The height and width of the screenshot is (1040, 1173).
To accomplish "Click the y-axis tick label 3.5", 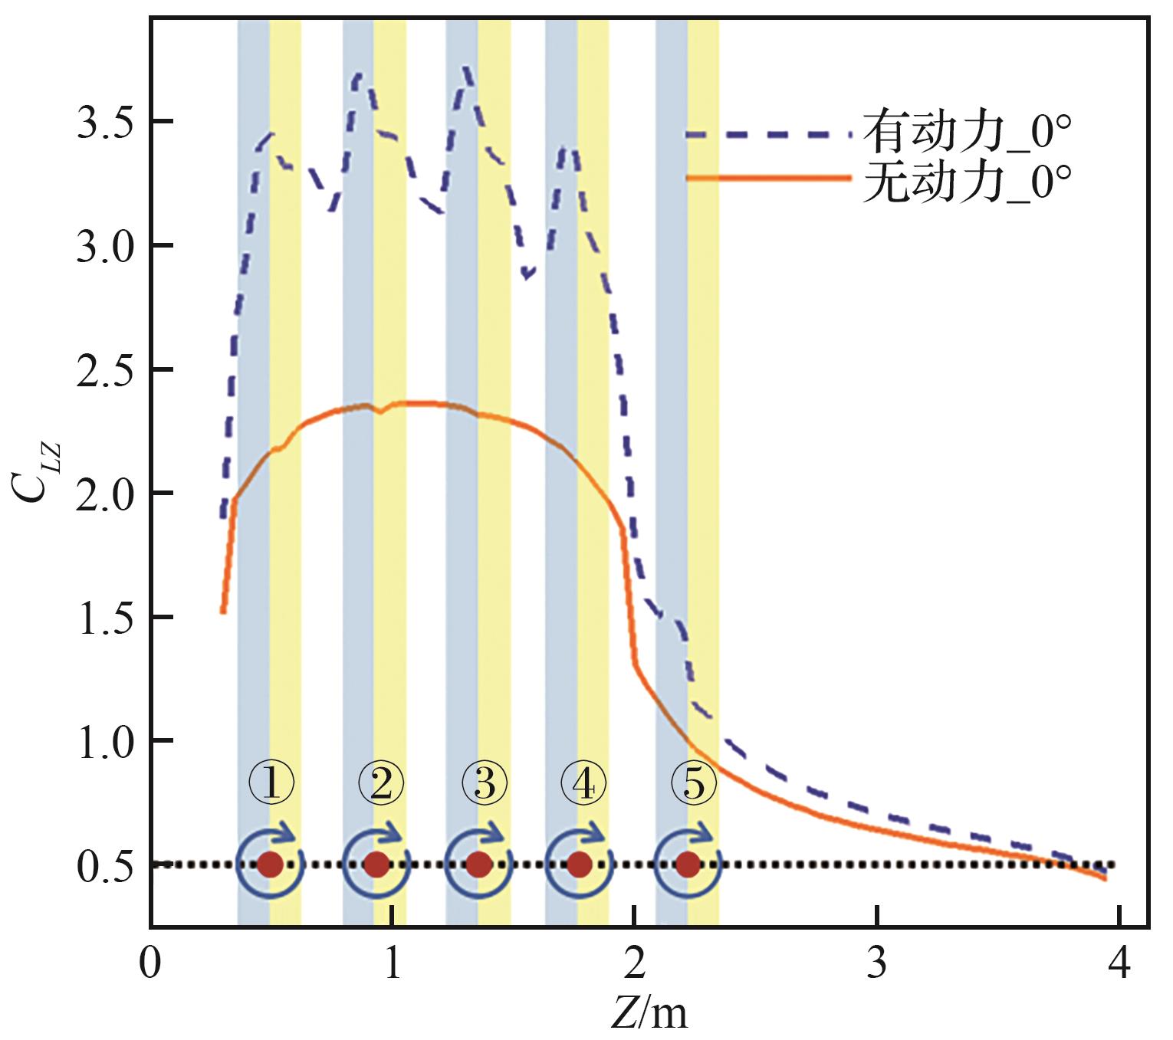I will click(x=104, y=123).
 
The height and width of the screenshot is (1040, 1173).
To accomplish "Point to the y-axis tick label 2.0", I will click(x=104, y=494).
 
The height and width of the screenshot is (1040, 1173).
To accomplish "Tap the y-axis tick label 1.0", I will click(x=104, y=741).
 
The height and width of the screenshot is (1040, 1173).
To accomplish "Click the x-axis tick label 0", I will click(x=151, y=963).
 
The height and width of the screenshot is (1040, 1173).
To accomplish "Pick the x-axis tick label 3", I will click(x=876, y=963).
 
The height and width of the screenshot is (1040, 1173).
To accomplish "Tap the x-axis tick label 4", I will click(x=1119, y=963).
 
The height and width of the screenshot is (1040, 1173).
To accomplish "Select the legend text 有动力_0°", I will click(x=967, y=133).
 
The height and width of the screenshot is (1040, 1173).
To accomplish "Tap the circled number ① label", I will click(x=271, y=784).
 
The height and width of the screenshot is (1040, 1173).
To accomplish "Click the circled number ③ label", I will click(x=484, y=784).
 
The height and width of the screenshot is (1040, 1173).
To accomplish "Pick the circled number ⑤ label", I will click(x=694, y=784).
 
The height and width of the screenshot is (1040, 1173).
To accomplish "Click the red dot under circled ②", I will click(x=376, y=864).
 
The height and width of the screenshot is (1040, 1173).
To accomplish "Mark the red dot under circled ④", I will click(x=579, y=864).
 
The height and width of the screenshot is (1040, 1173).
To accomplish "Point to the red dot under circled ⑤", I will click(x=688, y=864).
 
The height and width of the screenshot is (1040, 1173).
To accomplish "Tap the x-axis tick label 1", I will click(x=393, y=963).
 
